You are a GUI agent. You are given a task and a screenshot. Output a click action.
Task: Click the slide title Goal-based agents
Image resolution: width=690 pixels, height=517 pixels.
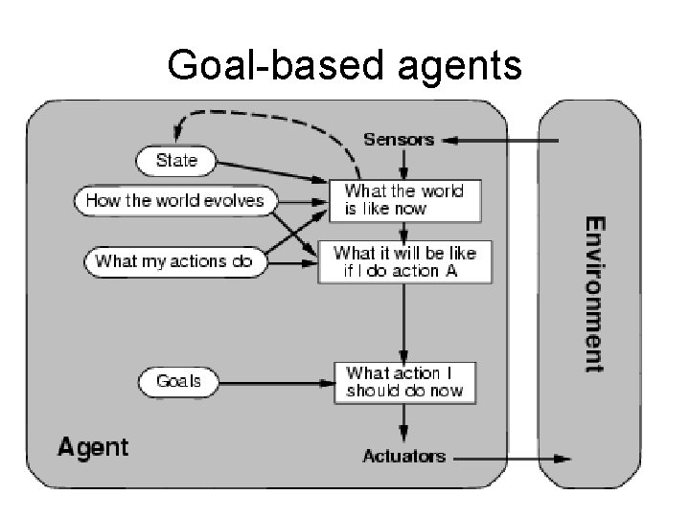(x=344, y=65)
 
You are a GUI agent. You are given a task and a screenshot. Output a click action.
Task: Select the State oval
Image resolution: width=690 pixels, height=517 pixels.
(x=175, y=160)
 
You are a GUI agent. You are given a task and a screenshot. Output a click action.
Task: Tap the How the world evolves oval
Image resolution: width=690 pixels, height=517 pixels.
(x=174, y=200)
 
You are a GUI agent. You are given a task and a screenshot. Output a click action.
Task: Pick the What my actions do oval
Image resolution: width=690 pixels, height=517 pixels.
(x=174, y=260)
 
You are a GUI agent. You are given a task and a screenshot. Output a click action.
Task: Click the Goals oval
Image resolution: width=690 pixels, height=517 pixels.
(x=178, y=381)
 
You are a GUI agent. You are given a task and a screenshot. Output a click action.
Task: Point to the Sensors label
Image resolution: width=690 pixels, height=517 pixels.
(x=398, y=140)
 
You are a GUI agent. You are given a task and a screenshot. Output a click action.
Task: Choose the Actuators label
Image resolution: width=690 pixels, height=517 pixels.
(x=403, y=457)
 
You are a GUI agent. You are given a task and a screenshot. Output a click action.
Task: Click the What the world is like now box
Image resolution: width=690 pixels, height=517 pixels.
(x=403, y=199)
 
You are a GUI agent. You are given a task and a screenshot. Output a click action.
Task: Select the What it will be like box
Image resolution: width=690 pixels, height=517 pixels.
(x=403, y=261)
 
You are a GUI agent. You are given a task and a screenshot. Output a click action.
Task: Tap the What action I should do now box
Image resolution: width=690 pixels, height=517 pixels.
(x=403, y=381)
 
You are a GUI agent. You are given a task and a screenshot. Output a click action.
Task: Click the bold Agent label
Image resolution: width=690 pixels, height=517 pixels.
(x=92, y=446)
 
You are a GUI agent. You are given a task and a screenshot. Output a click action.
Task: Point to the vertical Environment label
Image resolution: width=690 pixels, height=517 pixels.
(x=595, y=294)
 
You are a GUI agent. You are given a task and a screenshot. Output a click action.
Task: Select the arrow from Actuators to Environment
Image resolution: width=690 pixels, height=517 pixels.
(x=508, y=459)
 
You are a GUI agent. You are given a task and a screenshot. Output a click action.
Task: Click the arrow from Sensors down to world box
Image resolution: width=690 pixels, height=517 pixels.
(x=403, y=163)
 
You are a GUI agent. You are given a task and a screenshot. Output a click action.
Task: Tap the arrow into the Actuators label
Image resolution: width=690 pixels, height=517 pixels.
(x=403, y=421)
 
